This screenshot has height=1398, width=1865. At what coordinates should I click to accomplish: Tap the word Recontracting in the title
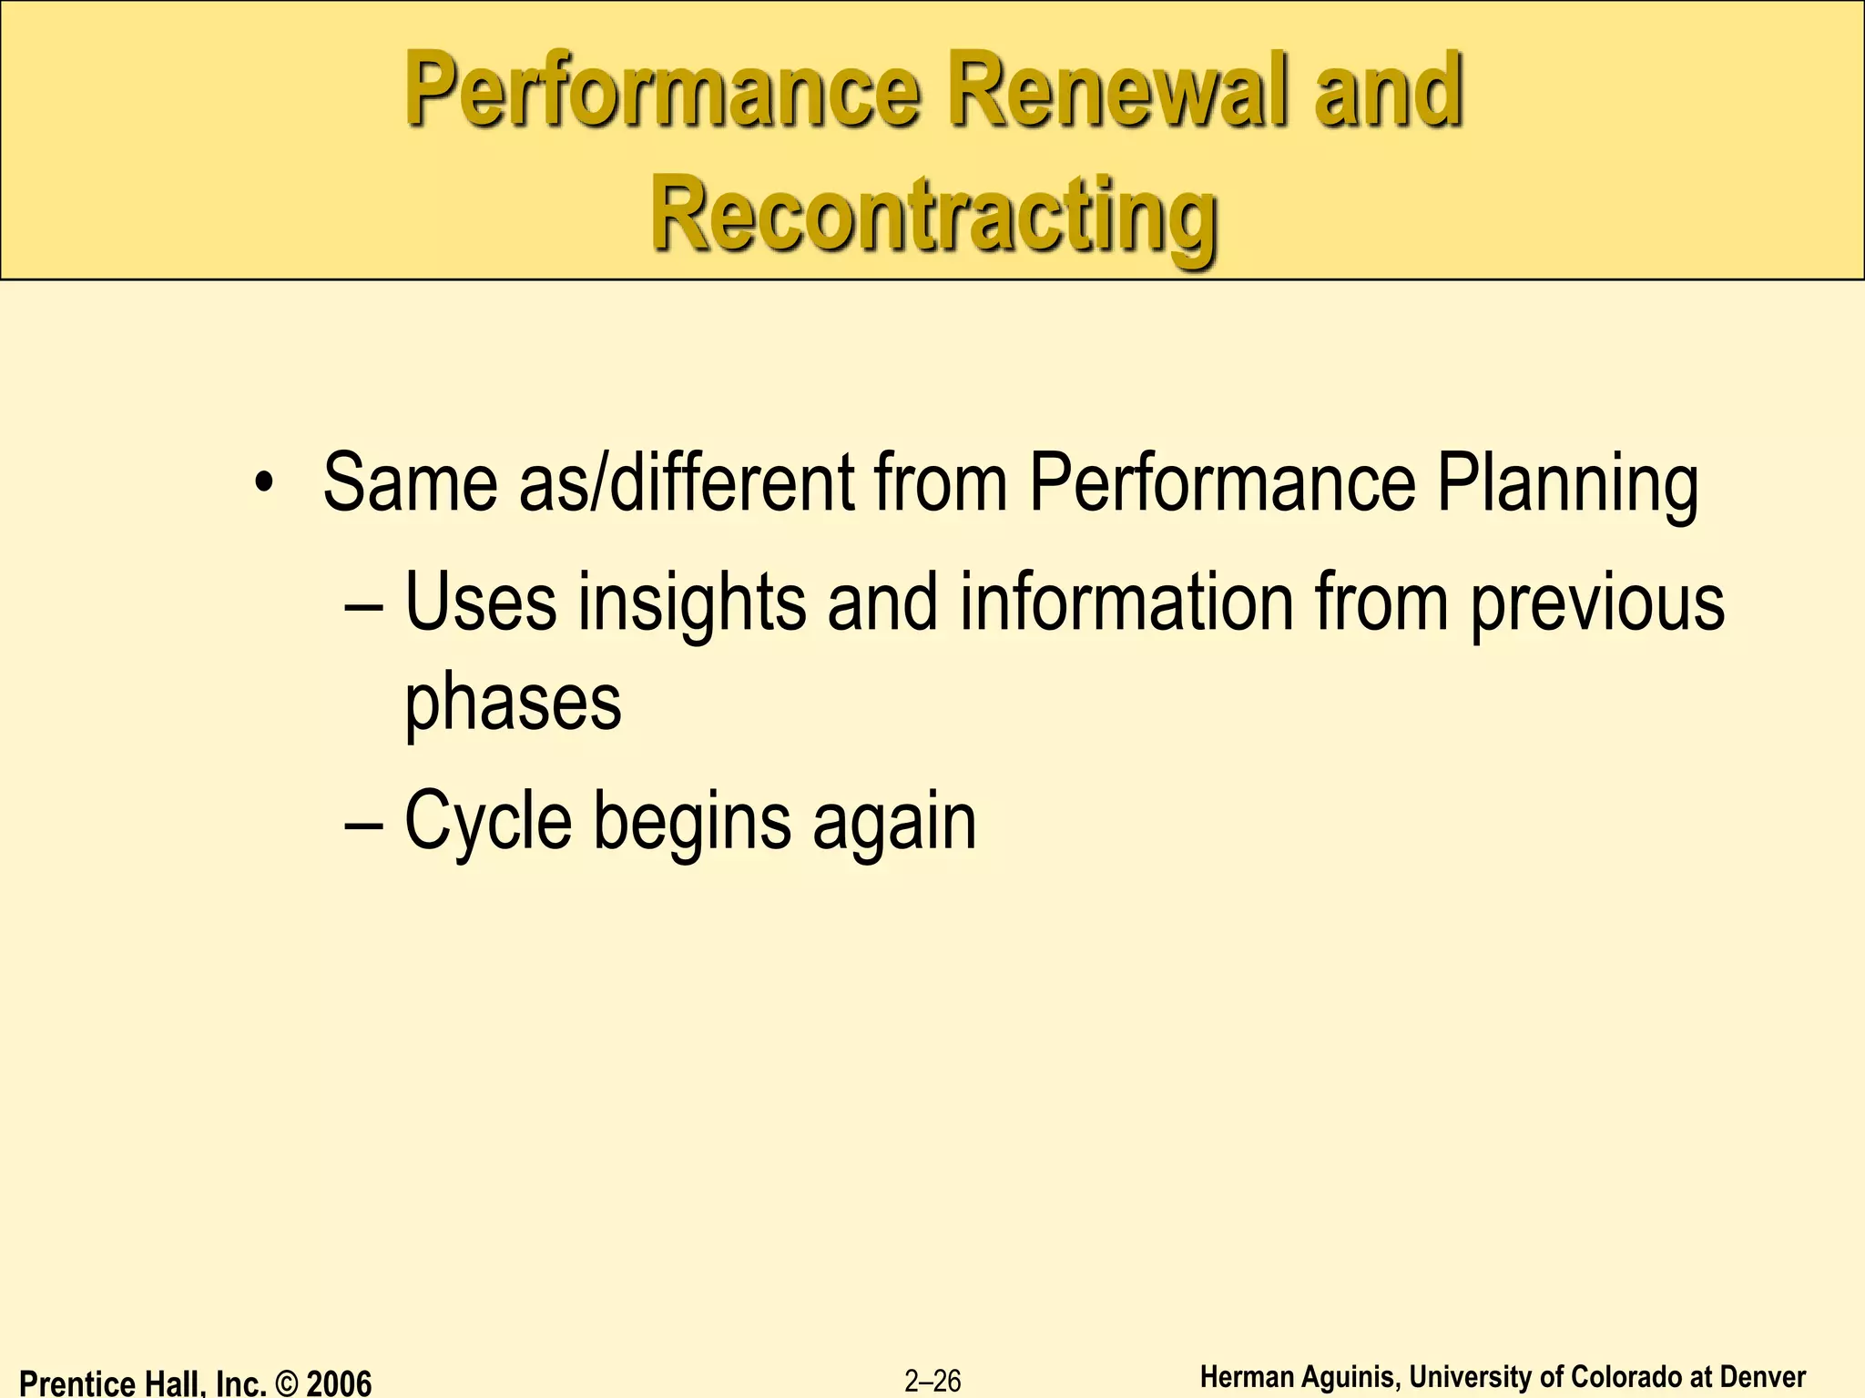tap(934, 217)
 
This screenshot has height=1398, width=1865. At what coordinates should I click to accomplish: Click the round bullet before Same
tap(264, 481)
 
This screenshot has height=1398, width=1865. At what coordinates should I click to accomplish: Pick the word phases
tap(513, 704)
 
